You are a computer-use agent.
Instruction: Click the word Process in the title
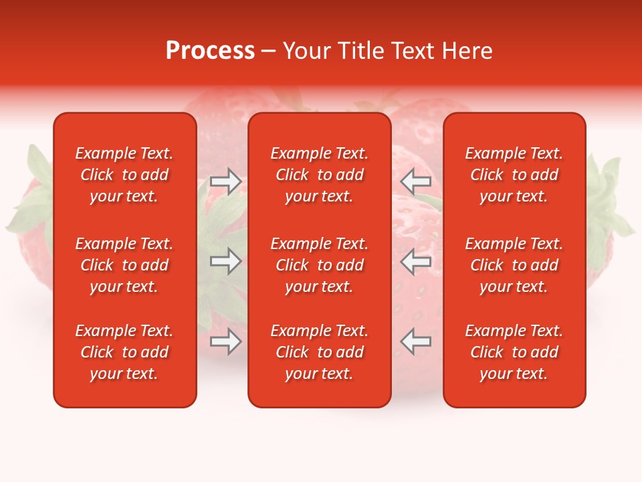[210, 51]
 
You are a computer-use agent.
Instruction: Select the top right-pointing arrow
[226, 181]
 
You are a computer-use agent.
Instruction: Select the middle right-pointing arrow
[226, 261]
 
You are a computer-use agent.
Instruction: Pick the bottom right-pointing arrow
[226, 341]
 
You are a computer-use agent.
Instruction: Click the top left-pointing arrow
[415, 181]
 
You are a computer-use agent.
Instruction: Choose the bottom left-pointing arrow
[415, 341]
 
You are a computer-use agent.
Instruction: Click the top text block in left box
[124, 175]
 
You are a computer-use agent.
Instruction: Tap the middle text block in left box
[124, 265]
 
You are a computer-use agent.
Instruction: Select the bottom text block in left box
[124, 352]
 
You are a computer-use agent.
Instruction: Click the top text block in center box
[320, 175]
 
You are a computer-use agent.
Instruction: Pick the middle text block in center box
[320, 265]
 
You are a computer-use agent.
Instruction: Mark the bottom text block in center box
[320, 352]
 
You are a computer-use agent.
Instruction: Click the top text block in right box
[514, 175]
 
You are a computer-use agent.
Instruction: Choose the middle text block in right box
[514, 265]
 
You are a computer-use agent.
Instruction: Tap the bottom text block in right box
[514, 352]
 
